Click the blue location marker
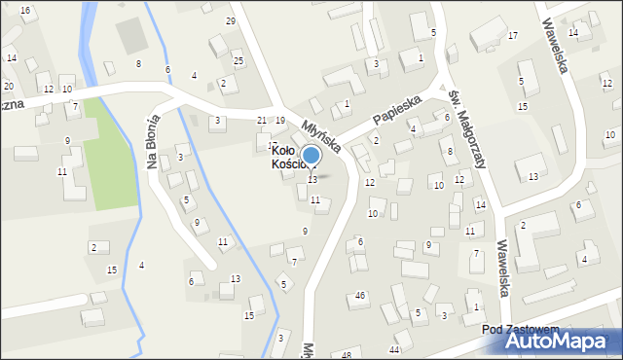click(x=311, y=155)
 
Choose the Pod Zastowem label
click(x=520, y=330)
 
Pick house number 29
click(x=231, y=20)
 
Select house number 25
click(x=238, y=61)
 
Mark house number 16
click(x=25, y=10)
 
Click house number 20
click(x=8, y=87)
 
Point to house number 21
click(x=261, y=120)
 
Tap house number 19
click(x=280, y=120)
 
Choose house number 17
click(x=512, y=36)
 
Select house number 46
click(x=360, y=295)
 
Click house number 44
click(x=394, y=348)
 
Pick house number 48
click(x=347, y=355)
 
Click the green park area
click(x=112, y=156)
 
